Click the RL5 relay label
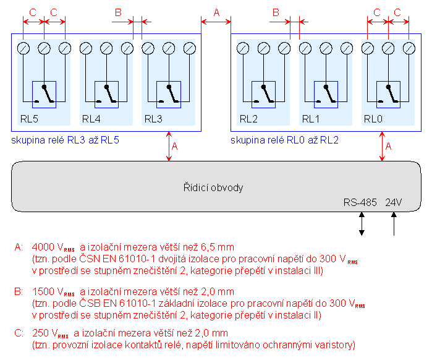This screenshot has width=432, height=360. [29, 119]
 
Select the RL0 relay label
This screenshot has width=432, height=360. [373, 119]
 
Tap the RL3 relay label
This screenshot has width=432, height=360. [153, 119]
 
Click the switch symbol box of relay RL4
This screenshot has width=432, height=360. [107, 95]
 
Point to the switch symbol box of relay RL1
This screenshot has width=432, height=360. [326, 95]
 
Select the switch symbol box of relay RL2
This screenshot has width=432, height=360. [263, 95]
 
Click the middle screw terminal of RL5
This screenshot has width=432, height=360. [44, 48]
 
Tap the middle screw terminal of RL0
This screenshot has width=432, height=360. [388, 48]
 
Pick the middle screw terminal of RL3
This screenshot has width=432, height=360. [169, 48]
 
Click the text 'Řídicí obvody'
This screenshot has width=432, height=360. [213, 187]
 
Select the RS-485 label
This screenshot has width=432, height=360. [360, 202]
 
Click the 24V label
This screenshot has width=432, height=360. [394, 202]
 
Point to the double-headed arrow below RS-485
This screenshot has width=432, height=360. [362, 224]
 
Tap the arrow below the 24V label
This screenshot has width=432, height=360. [394, 224]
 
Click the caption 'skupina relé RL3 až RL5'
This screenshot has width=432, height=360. [65, 140]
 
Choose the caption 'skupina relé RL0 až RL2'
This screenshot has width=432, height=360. [284, 140]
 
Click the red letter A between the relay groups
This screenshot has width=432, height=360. [216, 12]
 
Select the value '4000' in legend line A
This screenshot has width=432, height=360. [43, 247]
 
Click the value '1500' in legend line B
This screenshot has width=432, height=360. [43, 291]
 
